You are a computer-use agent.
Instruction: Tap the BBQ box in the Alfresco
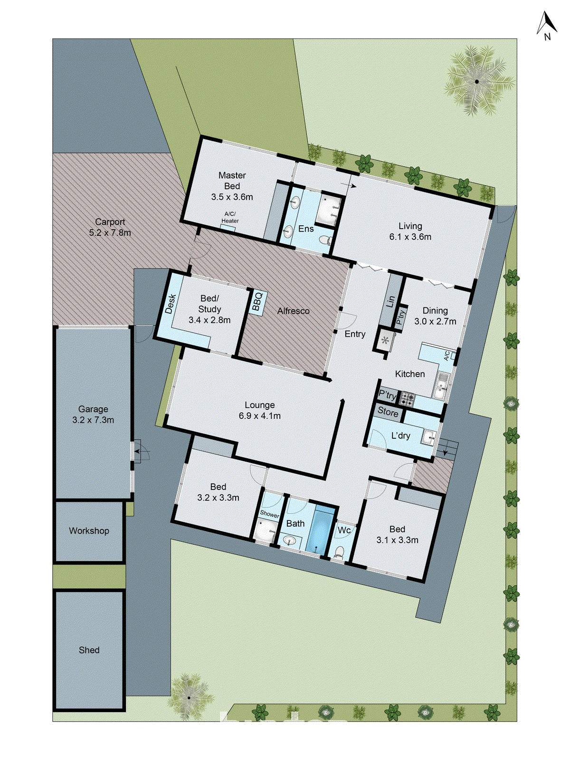(257, 302)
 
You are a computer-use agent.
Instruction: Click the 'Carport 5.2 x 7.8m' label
(110, 227)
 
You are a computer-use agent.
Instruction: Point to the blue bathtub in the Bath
(317, 529)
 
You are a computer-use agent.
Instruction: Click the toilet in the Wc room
(339, 552)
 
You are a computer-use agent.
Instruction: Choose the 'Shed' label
(89, 650)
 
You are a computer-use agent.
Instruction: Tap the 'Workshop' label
(89, 531)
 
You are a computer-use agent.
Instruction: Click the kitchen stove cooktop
(406, 399)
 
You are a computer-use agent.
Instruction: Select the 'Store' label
(388, 413)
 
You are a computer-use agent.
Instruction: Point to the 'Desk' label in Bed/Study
(171, 304)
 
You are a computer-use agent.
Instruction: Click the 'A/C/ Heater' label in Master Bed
(230, 217)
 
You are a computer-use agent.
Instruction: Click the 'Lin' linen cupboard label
(391, 301)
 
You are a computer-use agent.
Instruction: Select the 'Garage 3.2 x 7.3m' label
(93, 414)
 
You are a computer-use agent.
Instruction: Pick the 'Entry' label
(355, 334)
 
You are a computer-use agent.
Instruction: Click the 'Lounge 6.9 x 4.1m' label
(259, 410)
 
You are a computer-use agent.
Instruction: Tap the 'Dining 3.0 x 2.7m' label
(435, 316)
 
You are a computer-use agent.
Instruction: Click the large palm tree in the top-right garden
(477, 81)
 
